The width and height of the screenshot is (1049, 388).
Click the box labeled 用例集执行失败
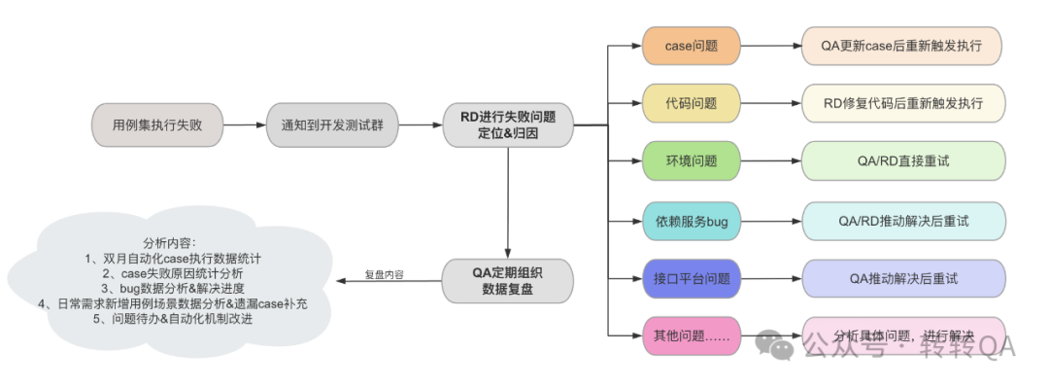click(x=157, y=125)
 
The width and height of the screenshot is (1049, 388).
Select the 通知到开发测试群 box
click(x=333, y=125)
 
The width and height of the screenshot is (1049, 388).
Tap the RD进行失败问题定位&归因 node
click(x=508, y=125)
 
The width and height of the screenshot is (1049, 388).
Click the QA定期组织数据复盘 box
click(x=508, y=280)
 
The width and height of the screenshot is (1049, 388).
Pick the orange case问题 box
click(x=692, y=46)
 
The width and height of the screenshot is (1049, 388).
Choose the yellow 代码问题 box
click(x=692, y=102)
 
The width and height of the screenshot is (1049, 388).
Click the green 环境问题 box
click(x=692, y=160)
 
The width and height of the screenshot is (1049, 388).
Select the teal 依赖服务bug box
click(x=692, y=221)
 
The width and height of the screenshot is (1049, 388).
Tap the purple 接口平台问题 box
click(x=692, y=278)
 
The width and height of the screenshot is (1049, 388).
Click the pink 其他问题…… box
click(x=692, y=335)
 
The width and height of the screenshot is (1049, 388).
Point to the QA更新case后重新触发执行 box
click(x=902, y=46)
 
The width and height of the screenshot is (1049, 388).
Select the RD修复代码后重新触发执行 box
click(x=902, y=102)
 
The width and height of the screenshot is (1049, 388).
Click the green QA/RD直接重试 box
click(x=902, y=160)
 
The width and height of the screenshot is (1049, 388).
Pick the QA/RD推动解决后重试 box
click(x=902, y=221)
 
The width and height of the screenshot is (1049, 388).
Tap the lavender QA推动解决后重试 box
click(x=902, y=278)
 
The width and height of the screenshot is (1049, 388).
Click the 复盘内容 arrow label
click(x=385, y=275)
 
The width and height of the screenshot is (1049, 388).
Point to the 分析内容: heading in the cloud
click(x=168, y=242)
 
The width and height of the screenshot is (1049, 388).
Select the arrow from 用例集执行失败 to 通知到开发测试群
click(x=245, y=125)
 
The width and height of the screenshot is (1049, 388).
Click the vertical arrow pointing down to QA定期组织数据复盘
click(x=508, y=204)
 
